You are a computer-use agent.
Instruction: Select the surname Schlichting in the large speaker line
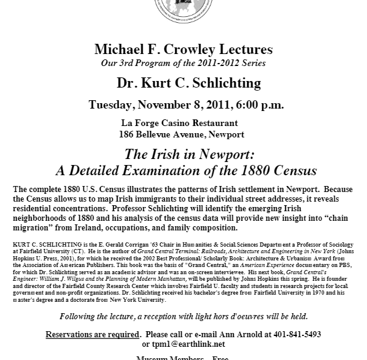click(x=210, y=82)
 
